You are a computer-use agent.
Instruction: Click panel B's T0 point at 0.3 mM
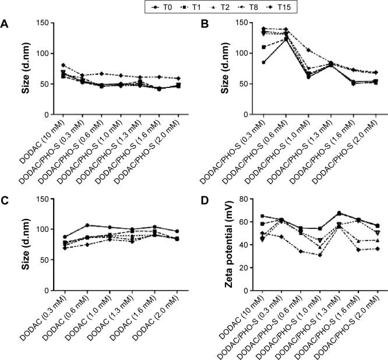[x=247, y=62]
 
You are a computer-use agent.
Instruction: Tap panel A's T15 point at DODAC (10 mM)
[x=47, y=65]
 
